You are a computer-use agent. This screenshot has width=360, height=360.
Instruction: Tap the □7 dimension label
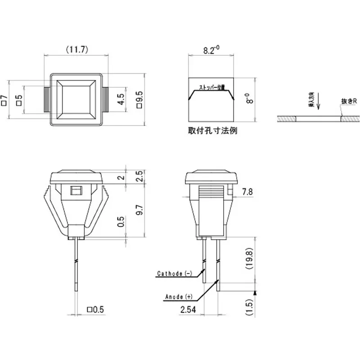(5, 100)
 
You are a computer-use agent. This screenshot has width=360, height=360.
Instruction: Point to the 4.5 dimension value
(121, 99)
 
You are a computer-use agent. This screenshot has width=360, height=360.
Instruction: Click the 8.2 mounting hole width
(210, 50)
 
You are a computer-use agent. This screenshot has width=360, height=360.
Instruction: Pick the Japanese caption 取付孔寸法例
(212, 131)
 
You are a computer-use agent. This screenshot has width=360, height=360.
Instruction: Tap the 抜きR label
(349, 102)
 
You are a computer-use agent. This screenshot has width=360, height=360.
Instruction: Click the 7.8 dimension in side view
(247, 192)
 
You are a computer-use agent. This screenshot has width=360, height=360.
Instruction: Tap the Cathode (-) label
(175, 273)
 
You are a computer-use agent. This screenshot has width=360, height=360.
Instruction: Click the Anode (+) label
(178, 297)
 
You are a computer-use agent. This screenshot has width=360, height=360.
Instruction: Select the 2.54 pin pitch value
(189, 310)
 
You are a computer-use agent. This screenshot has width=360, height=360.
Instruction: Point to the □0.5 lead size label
(95, 310)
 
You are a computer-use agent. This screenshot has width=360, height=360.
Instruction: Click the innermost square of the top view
(76, 100)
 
